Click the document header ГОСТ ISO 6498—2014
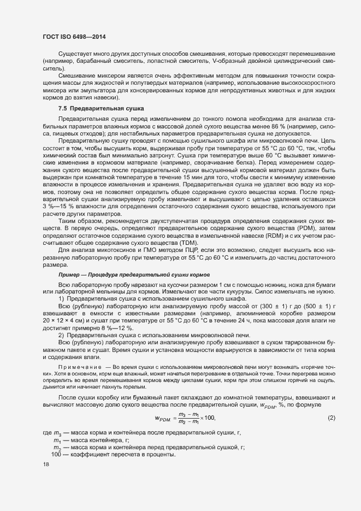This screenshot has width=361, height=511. pyautogui.click(x=74, y=37)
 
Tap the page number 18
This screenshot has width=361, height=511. pyautogui.click(x=45, y=465)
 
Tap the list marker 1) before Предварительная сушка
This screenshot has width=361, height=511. pyautogui.click(x=62, y=299)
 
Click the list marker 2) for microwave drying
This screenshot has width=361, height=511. pyautogui.click(x=62, y=333)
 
